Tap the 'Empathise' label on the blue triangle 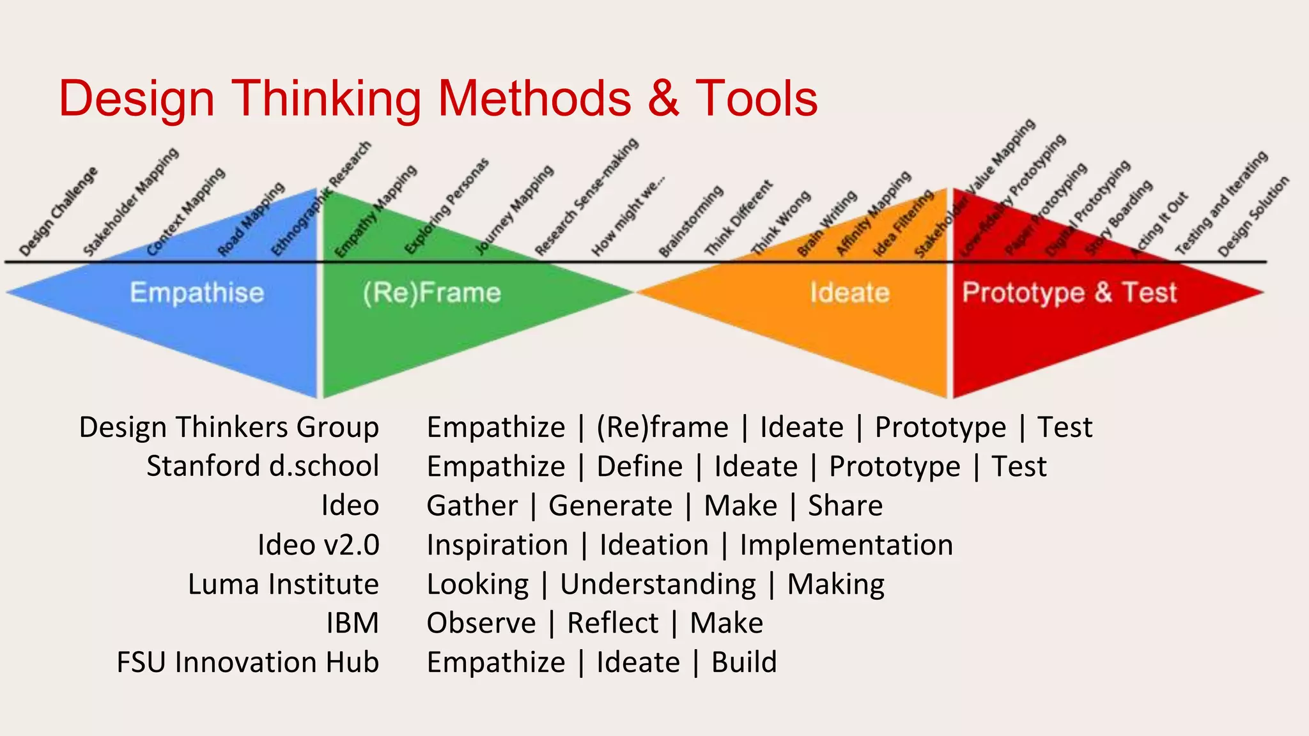coord(197,293)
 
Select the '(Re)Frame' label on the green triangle coord(432,293)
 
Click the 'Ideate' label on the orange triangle coord(849,293)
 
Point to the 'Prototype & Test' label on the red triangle coord(1069,293)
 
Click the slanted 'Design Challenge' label coord(58,211)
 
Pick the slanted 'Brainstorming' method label coord(691,221)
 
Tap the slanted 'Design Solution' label coord(1253,217)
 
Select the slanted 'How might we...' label coord(628,216)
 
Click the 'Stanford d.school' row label coord(263,466)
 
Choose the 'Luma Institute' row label coord(283,584)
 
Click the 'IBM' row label coord(352,623)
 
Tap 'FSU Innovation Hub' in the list coord(248,662)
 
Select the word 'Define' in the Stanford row coord(640,466)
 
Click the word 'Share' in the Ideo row coord(845,505)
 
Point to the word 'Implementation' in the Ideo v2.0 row coord(846,545)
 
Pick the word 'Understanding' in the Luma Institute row coord(658,584)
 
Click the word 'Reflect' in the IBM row coord(613,623)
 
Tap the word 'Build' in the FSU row coord(744,662)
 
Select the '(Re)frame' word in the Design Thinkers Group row coord(662,427)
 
